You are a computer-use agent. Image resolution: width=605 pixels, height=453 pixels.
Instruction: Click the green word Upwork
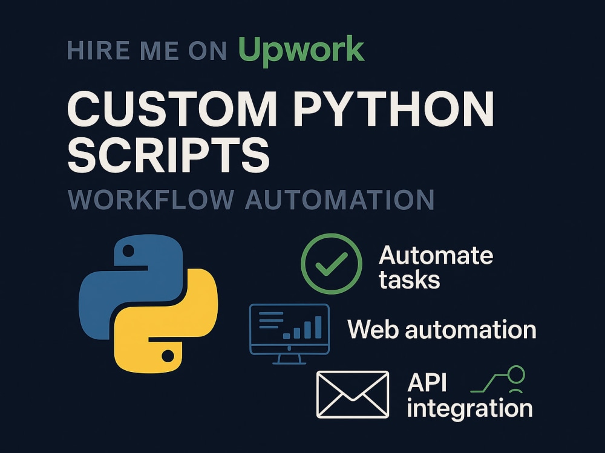[x=301, y=50]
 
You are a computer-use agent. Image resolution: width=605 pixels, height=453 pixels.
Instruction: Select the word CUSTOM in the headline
[x=172, y=108]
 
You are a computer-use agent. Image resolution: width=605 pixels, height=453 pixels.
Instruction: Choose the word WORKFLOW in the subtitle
[x=151, y=200]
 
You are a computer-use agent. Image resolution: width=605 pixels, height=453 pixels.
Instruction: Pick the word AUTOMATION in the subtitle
[x=340, y=200]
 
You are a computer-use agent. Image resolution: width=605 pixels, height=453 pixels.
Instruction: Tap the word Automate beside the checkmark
[x=436, y=255]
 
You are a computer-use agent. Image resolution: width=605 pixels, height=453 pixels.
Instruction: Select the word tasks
[x=410, y=280]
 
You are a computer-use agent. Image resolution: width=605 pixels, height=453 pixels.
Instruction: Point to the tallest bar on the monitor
[x=318, y=327]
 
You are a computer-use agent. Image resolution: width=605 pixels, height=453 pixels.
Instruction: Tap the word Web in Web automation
[x=373, y=329]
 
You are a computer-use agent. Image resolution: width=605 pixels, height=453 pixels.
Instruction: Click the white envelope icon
[x=353, y=394]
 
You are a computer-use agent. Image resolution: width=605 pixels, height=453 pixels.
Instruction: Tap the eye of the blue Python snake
[x=128, y=252]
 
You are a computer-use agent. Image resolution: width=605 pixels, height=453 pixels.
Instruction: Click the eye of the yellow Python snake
[x=168, y=356]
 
